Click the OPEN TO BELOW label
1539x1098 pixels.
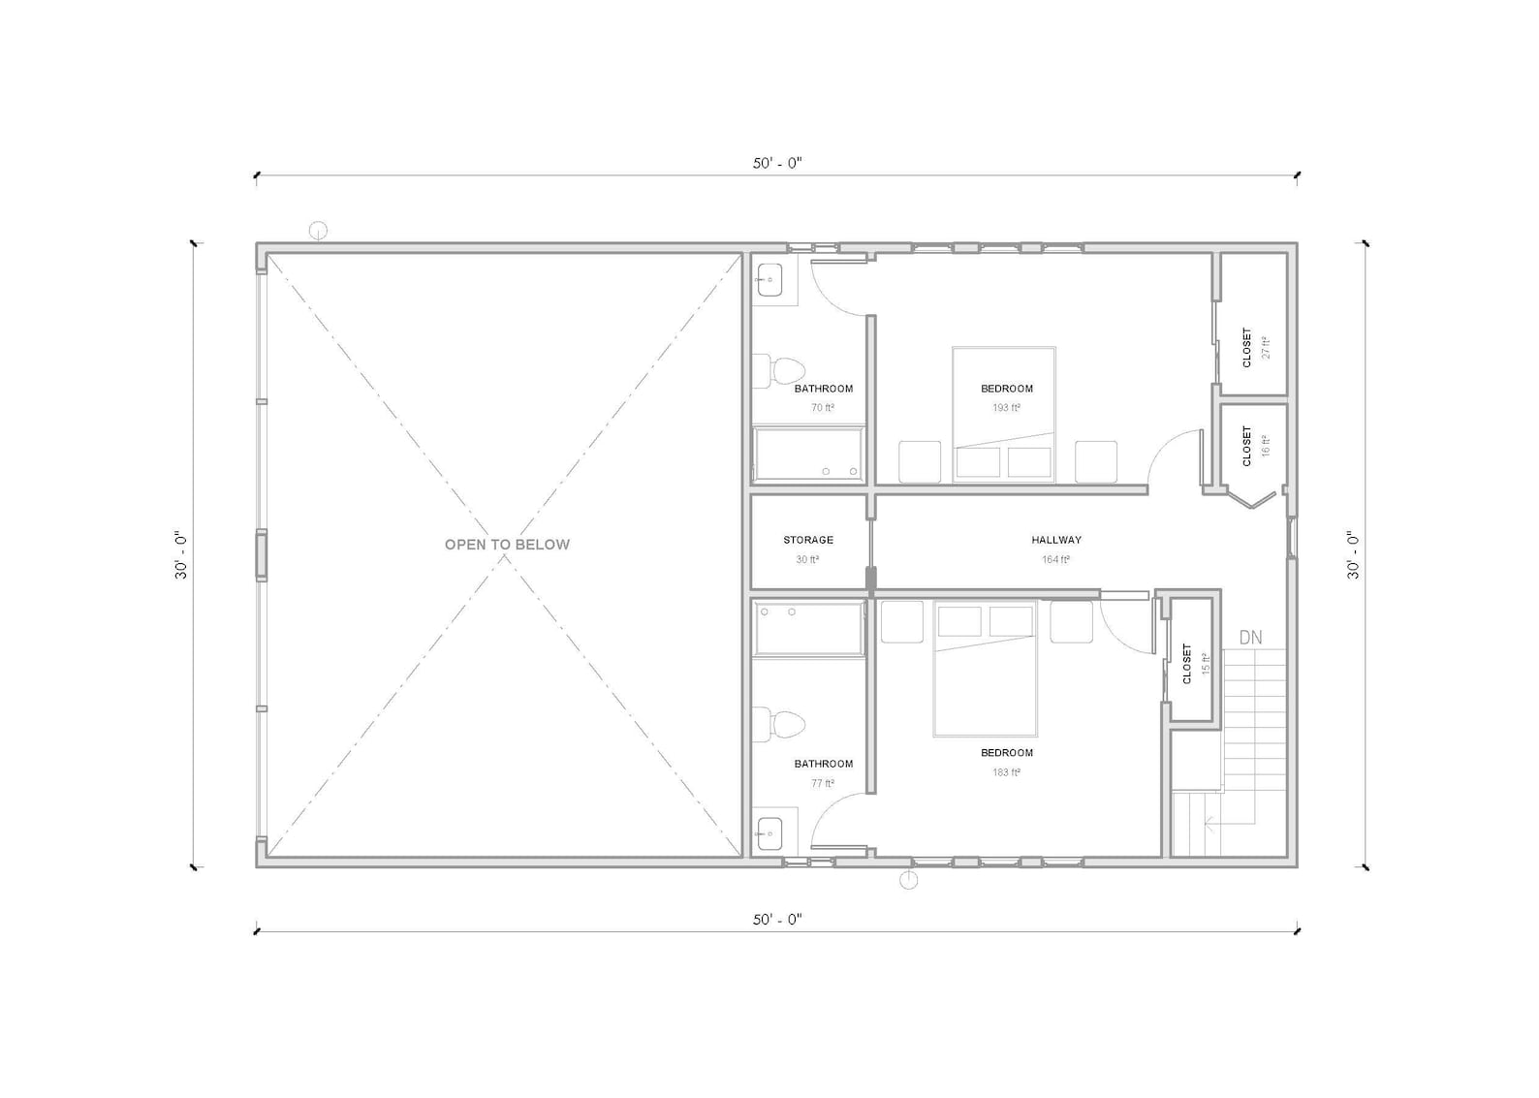pyautogui.click(x=507, y=545)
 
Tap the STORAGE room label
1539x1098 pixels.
pyautogui.click(x=808, y=540)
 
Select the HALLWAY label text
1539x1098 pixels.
pyautogui.click(x=1056, y=540)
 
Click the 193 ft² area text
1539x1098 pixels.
pyautogui.click(x=1006, y=408)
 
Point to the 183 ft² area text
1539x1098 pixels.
pyautogui.click(x=1006, y=772)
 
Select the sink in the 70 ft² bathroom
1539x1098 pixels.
pyautogui.click(x=770, y=281)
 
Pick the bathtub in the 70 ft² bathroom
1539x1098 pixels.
pyautogui.click(x=809, y=455)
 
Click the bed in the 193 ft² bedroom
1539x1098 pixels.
pyautogui.click(x=1004, y=414)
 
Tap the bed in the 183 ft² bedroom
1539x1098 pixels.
pyautogui.click(x=986, y=669)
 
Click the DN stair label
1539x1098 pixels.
pyautogui.click(x=1250, y=638)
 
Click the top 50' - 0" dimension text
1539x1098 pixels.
pyautogui.click(x=777, y=163)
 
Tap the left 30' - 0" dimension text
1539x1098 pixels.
pyautogui.click(x=181, y=556)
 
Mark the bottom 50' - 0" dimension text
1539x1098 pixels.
pyautogui.click(x=777, y=919)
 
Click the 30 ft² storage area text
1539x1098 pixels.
pyautogui.click(x=808, y=559)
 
